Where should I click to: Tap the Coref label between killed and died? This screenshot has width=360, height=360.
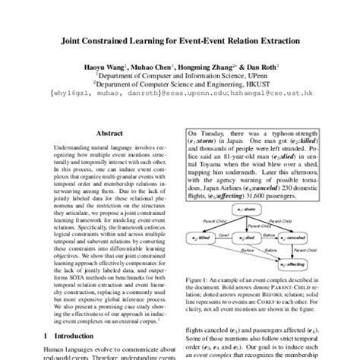click(x=225, y=232)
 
